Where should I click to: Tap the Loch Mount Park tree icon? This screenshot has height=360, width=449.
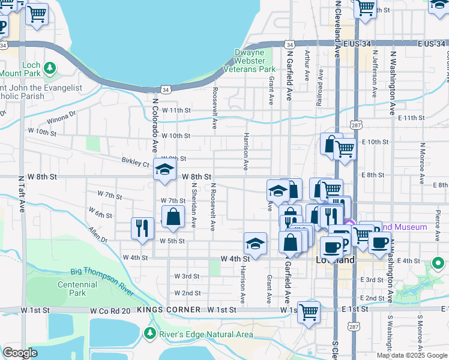tap(50, 67)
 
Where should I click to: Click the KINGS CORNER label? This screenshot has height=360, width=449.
tap(169, 310)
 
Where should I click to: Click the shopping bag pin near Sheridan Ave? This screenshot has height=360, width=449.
tap(173, 217)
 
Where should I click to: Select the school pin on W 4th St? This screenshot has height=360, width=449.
tap(255, 244)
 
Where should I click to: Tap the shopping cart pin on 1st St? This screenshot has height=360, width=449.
tap(308, 311)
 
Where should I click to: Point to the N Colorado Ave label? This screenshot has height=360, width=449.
tap(154, 125)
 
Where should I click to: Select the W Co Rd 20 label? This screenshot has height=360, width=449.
tap(110, 310)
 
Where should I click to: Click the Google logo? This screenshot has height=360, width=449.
tap(20, 352)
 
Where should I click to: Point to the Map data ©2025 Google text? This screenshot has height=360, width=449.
tap(411, 355)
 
